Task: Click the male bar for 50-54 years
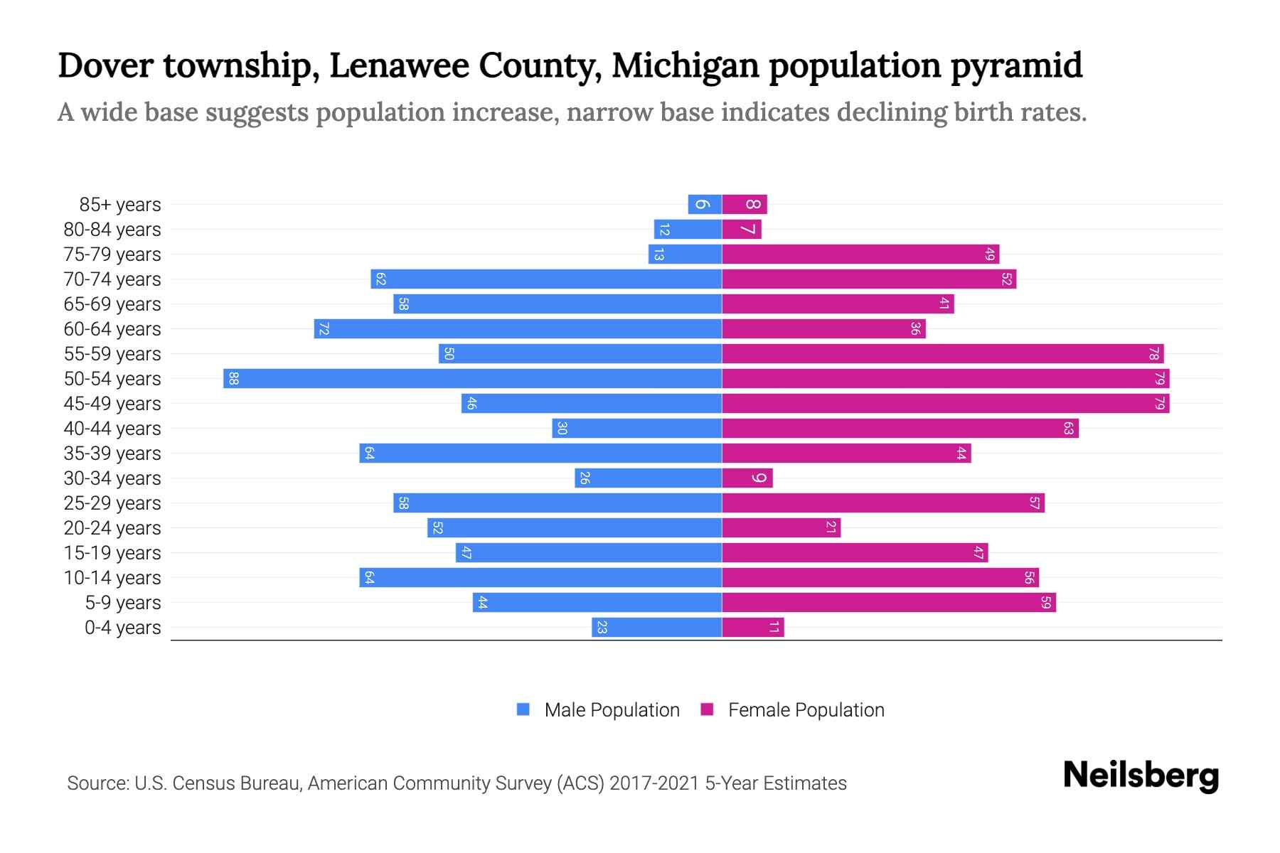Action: [x=472, y=378]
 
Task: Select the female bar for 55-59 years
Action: [x=942, y=353]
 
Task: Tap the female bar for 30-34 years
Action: [x=747, y=478]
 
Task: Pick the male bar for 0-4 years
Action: [x=656, y=627]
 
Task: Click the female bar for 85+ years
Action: [x=744, y=204]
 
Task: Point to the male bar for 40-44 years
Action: [x=636, y=428]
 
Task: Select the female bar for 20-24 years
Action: [x=781, y=527]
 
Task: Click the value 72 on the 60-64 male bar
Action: [x=324, y=329]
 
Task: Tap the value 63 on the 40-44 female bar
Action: [x=1068, y=428]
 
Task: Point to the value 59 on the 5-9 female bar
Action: [x=1045, y=602]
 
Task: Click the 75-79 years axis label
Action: [x=112, y=254]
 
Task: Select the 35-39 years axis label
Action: [x=112, y=454]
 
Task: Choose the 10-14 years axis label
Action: [x=112, y=578]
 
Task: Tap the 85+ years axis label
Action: [x=120, y=205]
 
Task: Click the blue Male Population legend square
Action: [x=523, y=709]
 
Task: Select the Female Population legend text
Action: [x=806, y=709]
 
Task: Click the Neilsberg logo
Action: [x=1141, y=776]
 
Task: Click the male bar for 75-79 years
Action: [x=685, y=254]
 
